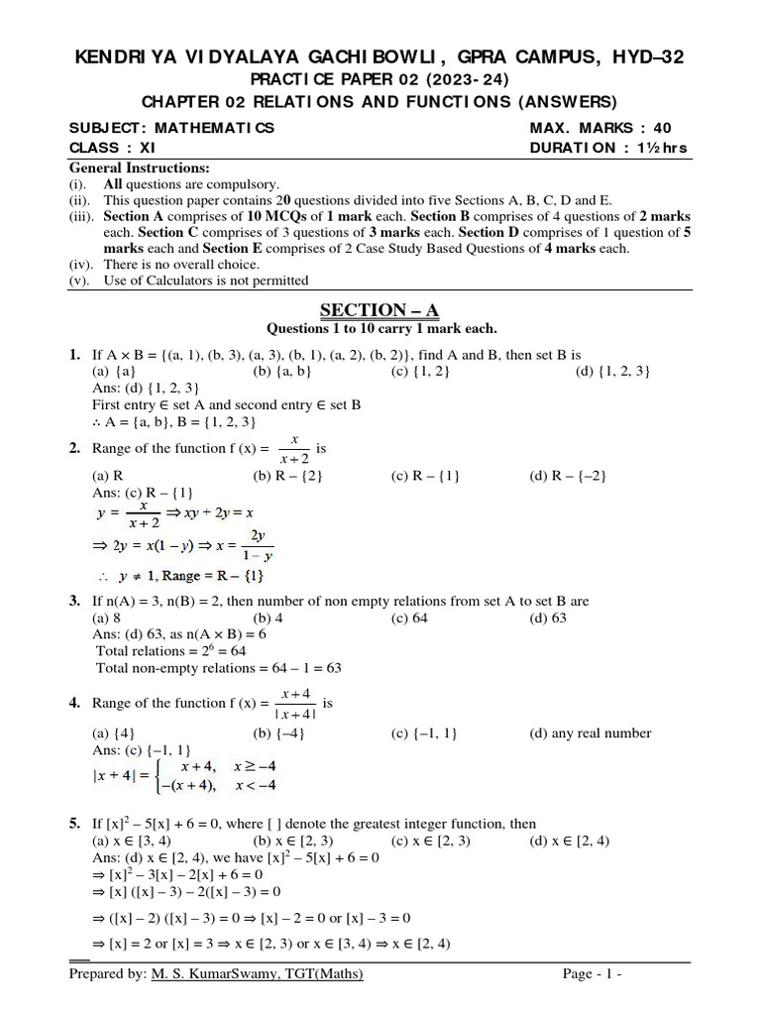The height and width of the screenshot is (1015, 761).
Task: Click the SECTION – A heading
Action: click(381, 310)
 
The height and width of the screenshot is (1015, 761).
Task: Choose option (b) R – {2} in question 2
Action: click(287, 476)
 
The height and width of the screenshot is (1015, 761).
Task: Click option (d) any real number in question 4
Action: click(590, 733)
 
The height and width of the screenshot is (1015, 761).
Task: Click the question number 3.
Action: click(74, 601)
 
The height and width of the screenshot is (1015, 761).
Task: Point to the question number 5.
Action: click(74, 824)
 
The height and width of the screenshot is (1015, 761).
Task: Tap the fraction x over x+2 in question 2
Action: click(294, 449)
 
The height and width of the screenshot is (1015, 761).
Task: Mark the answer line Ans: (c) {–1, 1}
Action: click(142, 750)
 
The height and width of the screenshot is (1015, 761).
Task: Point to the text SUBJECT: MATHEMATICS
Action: click(171, 129)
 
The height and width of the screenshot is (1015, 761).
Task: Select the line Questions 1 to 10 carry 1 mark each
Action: click(381, 329)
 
